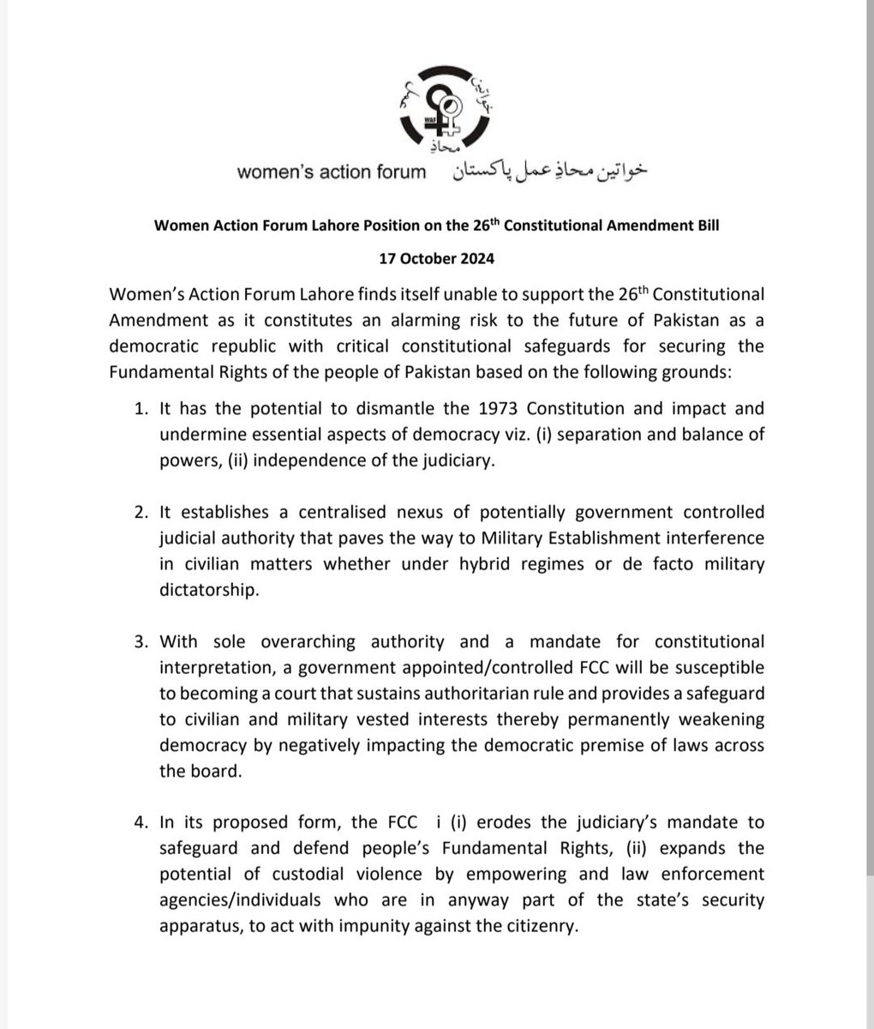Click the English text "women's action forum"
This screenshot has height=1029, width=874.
coord(331,171)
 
